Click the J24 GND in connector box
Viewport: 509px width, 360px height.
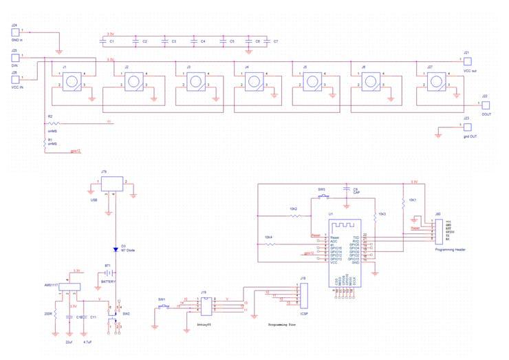tap(14, 32)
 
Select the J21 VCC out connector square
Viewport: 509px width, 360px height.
tap(467, 61)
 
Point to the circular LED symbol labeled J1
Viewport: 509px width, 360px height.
tap(69, 83)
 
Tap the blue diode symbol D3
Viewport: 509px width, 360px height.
tap(116, 250)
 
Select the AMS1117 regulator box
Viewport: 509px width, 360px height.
tap(67, 286)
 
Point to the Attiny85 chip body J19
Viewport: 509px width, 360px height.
tap(204, 299)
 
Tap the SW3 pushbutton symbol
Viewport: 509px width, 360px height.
tap(322, 197)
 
